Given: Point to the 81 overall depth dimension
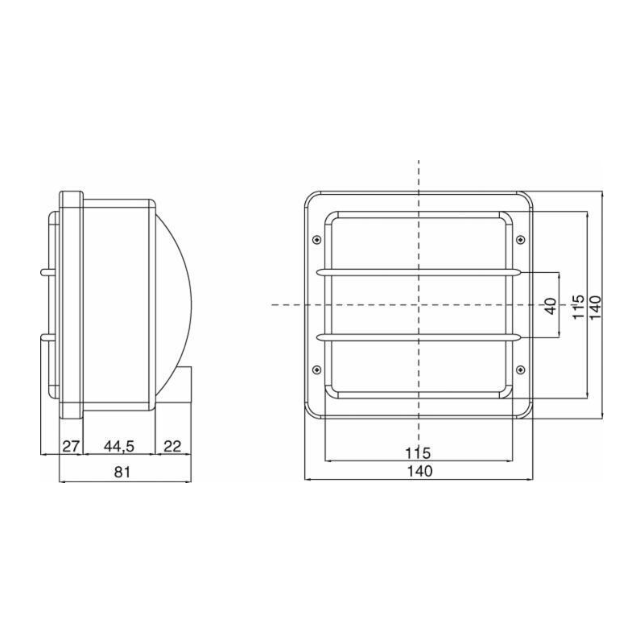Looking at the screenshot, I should pyautogui.click(x=122, y=473).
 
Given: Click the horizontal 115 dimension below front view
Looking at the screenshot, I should pyautogui.click(x=418, y=452).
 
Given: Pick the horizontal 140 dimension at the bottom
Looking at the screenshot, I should pyautogui.click(x=418, y=472).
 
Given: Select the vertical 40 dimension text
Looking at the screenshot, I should pyautogui.click(x=550, y=305).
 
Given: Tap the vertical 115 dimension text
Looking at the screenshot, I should pyautogui.click(x=577, y=305).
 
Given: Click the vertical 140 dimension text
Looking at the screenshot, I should pyautogui.click(x=596, y=305).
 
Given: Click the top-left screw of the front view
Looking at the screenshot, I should pyautogui.click(x=316, y=240).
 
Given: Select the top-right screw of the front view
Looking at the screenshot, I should pyautogui.click(x=520, y=240).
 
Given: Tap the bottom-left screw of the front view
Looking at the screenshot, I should pyautogui.click(x=316, y=369).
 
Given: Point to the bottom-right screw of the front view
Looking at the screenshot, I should pyautogui.click(x=520, y=369).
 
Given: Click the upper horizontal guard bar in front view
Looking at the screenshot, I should pyautogui.click(x=418, y=273).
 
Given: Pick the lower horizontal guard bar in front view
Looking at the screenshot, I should pyautogui.click(x=418, y=336).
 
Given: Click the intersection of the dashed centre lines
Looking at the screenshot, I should pyautogui.click(x=418, y=305).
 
